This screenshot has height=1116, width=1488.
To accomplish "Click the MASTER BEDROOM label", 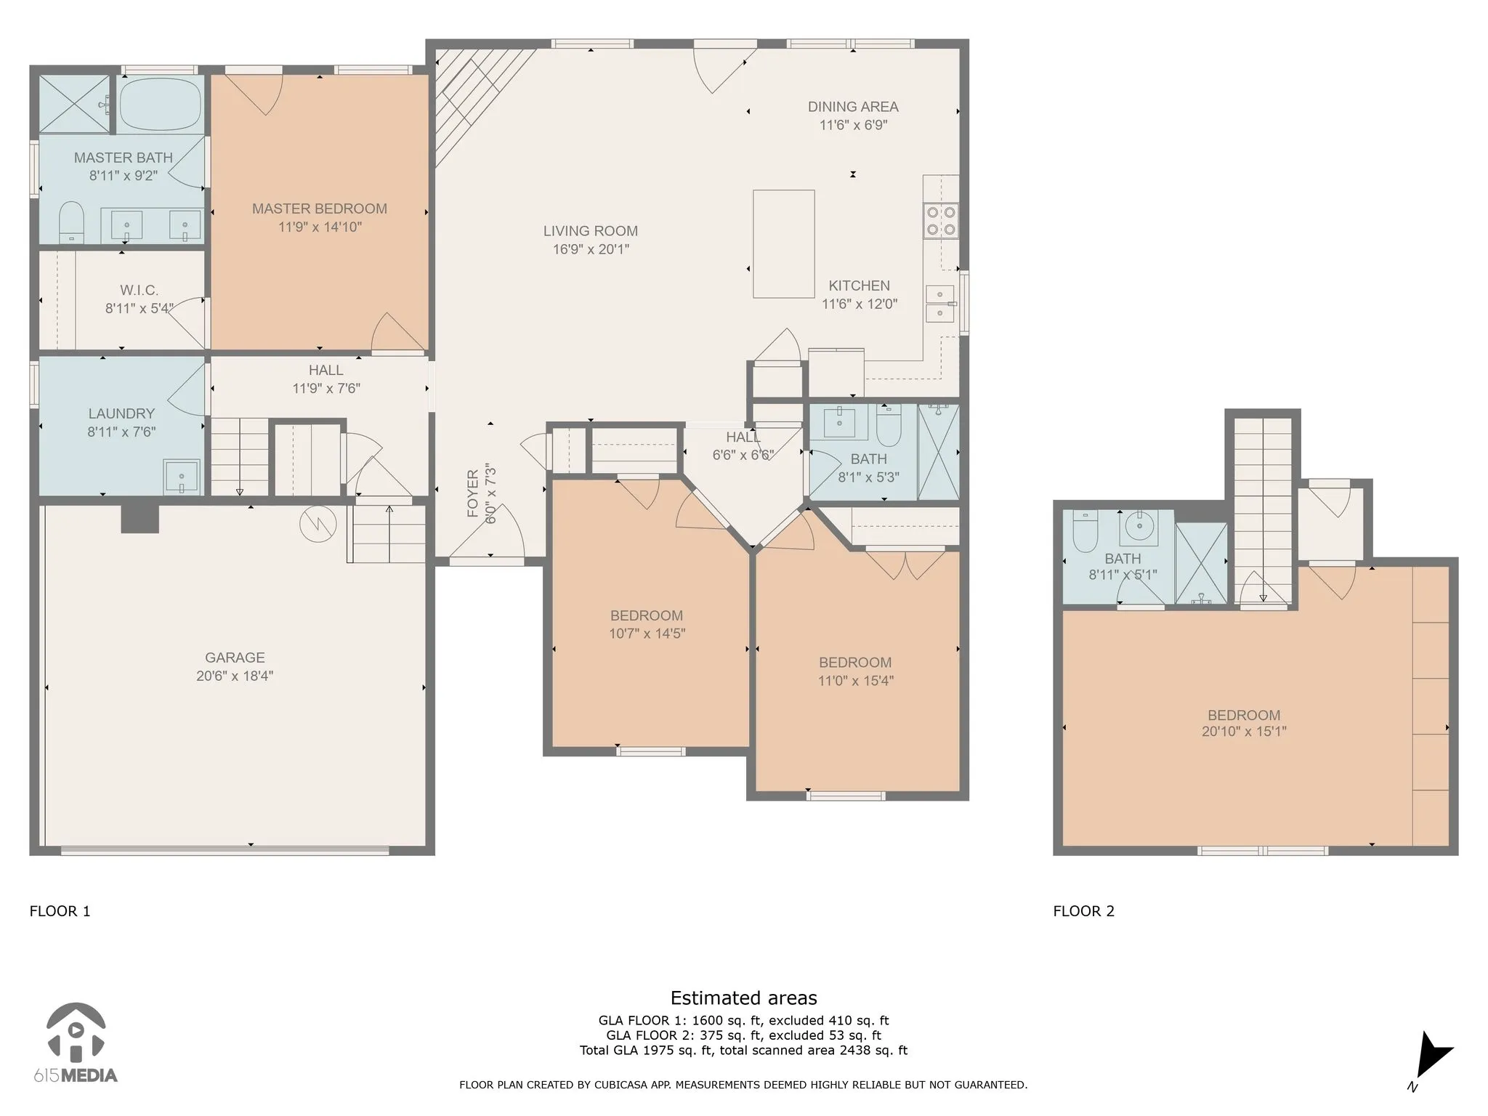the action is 320,209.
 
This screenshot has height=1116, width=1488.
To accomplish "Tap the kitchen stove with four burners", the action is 941,221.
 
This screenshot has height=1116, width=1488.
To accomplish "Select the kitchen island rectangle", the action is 783,244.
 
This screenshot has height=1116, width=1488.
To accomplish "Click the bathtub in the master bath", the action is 161,104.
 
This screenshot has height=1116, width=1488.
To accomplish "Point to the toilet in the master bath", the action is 71,222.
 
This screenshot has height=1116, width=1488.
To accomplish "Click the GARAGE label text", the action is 235,658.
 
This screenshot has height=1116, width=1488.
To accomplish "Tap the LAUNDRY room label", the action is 121,414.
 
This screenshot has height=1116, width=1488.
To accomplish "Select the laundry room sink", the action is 182,476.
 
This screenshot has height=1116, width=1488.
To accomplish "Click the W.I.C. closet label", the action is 139,291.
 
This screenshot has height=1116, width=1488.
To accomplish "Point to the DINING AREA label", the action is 853,107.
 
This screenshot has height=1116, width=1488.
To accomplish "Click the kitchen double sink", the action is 940,304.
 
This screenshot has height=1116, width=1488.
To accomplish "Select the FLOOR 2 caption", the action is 1083,911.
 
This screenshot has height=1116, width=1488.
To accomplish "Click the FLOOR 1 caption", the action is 60,911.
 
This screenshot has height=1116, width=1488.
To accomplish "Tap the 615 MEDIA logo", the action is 76,1043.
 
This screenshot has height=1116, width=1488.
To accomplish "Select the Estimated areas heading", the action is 743,998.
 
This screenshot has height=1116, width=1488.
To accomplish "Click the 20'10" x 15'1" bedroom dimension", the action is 1244,732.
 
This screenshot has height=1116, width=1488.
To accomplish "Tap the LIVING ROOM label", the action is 591,231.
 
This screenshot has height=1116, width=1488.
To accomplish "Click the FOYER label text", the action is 472,493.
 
